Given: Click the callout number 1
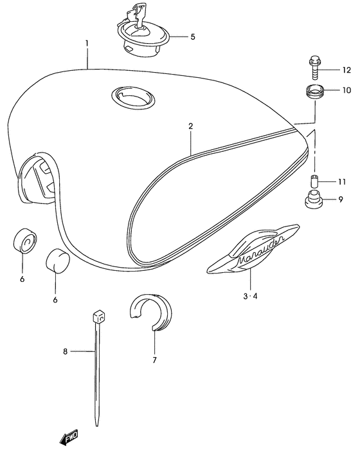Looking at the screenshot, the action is point(87,44).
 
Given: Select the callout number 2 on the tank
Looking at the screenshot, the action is point(190,126).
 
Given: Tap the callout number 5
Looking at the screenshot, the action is point(193,37).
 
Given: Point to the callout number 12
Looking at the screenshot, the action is point(346,70).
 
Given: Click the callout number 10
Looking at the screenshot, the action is point(346,90).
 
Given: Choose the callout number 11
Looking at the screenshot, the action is point(342,181).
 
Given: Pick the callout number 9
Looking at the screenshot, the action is point(341,199).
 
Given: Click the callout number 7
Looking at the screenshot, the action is point(154,360).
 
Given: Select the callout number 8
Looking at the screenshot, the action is point(65,351).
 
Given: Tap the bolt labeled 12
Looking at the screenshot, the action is point(314,68).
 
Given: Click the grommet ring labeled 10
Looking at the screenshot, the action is point(315,91).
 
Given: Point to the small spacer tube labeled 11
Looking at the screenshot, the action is point(315,181).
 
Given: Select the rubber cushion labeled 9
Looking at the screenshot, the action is point(314,199).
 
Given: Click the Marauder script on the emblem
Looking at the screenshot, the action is point(260,250).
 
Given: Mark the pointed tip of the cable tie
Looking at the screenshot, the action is point(97,425).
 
